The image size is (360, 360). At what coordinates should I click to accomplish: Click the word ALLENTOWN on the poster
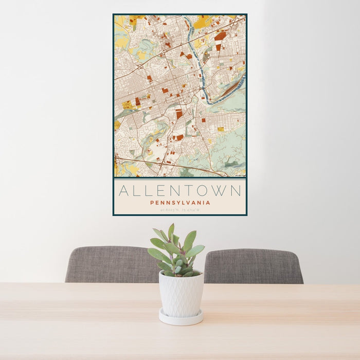point(179,191)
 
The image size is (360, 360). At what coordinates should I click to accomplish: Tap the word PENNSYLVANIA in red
point(179,203)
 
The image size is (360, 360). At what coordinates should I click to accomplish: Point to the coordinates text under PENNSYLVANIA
point(179,209)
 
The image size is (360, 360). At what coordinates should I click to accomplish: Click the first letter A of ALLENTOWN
point(123,191)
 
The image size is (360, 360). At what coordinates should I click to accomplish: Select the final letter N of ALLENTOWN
point(236,191)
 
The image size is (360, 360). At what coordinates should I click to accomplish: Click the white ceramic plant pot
point(181,294)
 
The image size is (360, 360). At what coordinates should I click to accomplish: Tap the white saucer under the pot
point(181,318)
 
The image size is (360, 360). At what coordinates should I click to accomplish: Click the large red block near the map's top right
point(220,37)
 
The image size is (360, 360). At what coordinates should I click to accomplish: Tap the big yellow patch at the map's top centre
point(202,22)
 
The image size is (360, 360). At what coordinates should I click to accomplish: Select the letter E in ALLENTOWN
point(159,191)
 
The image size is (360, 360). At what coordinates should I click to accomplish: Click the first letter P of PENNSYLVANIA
point(152,203)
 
